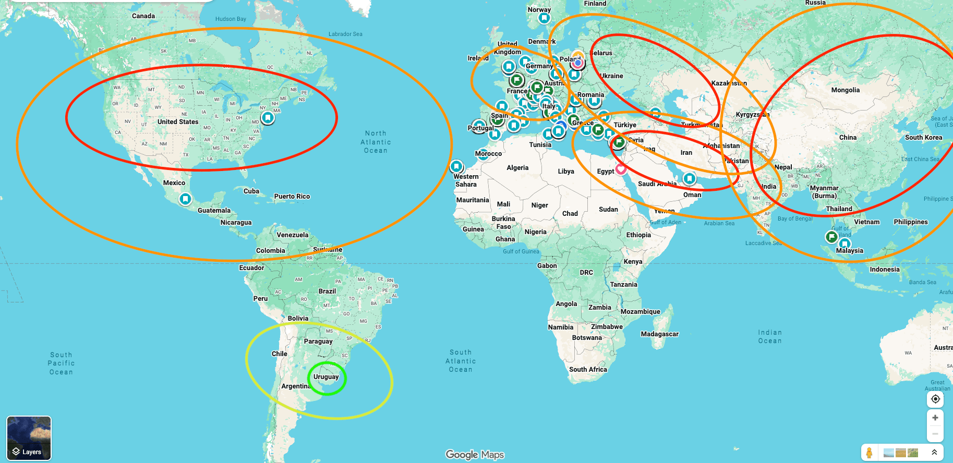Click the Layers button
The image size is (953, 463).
pos(29,438)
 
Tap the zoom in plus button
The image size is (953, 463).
pos(935,418)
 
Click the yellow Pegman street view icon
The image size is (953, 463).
pos(869,453)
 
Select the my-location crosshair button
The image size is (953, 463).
pos(935,399)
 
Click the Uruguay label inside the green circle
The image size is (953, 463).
pos(326,377)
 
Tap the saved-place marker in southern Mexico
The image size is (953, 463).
pos(185,199)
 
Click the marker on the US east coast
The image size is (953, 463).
pos(268,117)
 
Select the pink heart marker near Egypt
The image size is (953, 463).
pos(621,168)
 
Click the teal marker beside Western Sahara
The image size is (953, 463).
pos(456,166)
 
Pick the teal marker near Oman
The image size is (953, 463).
pos(689,179)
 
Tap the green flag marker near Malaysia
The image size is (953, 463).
pos(832,237)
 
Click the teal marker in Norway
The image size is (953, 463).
pos(544,18)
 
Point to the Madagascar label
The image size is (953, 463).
pos(659,334)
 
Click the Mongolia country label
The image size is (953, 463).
pos(845,90)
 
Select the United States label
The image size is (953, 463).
pos(178,122)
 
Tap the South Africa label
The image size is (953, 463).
pos(588,370)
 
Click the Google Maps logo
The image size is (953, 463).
pos(475,455)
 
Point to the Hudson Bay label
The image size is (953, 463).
pos(231,19)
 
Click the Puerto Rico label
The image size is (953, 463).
pos(292,197)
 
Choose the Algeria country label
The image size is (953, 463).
pos(517,168)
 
